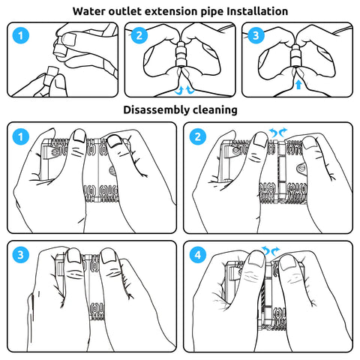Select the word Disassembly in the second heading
[156, 110]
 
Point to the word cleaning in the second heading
[215, 110]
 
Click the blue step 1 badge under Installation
[21, 35]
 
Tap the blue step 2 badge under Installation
[139, 35]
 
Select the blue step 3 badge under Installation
[256, 35]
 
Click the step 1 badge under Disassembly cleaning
[21, 136]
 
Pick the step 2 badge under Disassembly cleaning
[198, 136]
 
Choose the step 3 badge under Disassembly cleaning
[21, 255]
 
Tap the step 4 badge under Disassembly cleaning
[198, 255]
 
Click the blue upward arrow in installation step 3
[298, 85]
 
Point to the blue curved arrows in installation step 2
[184, 90]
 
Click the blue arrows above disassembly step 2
[277, 132]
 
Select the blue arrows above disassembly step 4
[271, 250]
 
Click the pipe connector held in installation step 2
[181, 54]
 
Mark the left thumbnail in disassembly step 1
[80, 136]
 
